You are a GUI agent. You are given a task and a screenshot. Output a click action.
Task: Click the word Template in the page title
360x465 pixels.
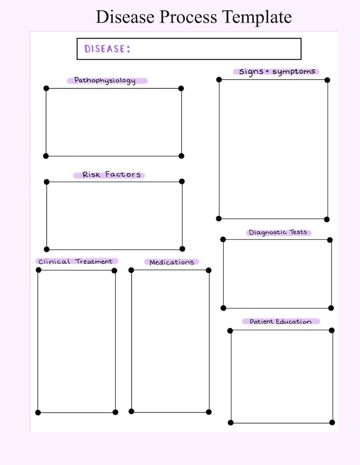coord(257,17)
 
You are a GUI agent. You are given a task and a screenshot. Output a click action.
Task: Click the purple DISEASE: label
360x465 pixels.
coord(107,49)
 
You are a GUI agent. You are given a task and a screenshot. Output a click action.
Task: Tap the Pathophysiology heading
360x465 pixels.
coord(105,80)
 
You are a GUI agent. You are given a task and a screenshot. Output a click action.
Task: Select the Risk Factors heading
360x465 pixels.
coord(111,175)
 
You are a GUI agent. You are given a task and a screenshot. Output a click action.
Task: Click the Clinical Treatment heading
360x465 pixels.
coord(76,262)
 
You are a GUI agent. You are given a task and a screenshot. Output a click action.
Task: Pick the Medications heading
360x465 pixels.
coord(172,262)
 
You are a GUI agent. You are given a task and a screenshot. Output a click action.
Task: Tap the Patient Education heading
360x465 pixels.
coord(280,322)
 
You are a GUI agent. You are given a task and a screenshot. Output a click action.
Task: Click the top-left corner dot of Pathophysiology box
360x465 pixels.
coord(46,88)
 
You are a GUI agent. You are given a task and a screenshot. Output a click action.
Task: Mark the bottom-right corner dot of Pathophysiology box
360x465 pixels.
coord(181,156)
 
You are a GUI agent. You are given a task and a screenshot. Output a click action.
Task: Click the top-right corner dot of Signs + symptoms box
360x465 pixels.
coord(327,80)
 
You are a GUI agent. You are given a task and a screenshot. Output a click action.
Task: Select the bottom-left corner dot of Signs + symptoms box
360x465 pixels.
coord(219,219)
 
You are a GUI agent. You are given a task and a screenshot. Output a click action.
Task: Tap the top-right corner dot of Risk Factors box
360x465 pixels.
coord(182,181)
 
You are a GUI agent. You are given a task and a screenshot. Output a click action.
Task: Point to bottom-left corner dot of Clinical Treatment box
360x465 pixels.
coord(38,413)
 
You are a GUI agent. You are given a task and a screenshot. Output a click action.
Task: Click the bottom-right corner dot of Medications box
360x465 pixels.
coord(209,412)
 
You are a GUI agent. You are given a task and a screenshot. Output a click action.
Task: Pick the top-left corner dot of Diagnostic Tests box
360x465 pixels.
coord(223,239)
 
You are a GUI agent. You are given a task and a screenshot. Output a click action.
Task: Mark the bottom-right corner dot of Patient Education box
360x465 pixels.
coord(332,423)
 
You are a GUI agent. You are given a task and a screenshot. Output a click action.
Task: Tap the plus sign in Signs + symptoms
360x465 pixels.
coord(267,71)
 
